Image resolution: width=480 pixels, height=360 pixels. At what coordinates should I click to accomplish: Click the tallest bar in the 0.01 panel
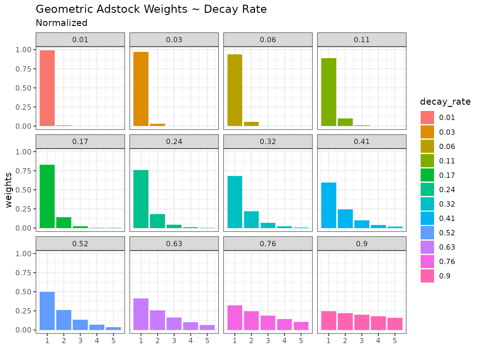click(47, 88)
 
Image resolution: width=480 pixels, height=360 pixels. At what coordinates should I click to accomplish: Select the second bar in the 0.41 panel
click(345, 219)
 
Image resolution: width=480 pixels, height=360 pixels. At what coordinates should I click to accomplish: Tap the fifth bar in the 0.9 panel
click(395, 324)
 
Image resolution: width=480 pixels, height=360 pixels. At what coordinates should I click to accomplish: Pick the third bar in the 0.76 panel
click(268, 323)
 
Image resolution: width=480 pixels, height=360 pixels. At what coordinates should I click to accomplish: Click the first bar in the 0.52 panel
click(47, 311)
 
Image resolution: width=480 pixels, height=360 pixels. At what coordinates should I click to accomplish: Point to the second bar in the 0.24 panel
click(157, 221)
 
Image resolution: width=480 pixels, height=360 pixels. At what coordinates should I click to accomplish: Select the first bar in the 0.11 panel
click(329, 92)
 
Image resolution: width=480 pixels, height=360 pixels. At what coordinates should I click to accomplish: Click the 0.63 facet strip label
click(174, 244)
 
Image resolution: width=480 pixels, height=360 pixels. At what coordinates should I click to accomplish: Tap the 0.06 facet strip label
click(268, 40)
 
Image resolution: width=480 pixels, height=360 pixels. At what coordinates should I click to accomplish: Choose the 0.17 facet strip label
click(80, 142)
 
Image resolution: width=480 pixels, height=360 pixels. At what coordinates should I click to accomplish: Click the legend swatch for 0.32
click(427, 204)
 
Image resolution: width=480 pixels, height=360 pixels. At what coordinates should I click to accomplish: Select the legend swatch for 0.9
click(427, 276)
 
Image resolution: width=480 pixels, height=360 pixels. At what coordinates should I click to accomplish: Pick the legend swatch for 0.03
click(427, 132)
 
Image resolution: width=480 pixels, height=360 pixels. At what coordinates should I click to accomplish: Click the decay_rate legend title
click(445, 102)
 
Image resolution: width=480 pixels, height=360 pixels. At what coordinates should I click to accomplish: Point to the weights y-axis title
click(8, 190)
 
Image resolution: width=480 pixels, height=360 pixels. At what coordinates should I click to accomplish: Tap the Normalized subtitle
click(62, 23)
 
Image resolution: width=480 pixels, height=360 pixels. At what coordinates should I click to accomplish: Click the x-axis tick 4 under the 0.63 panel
click(191, 341)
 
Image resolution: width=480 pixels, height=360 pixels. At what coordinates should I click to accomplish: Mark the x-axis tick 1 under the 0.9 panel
click(328, 341)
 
